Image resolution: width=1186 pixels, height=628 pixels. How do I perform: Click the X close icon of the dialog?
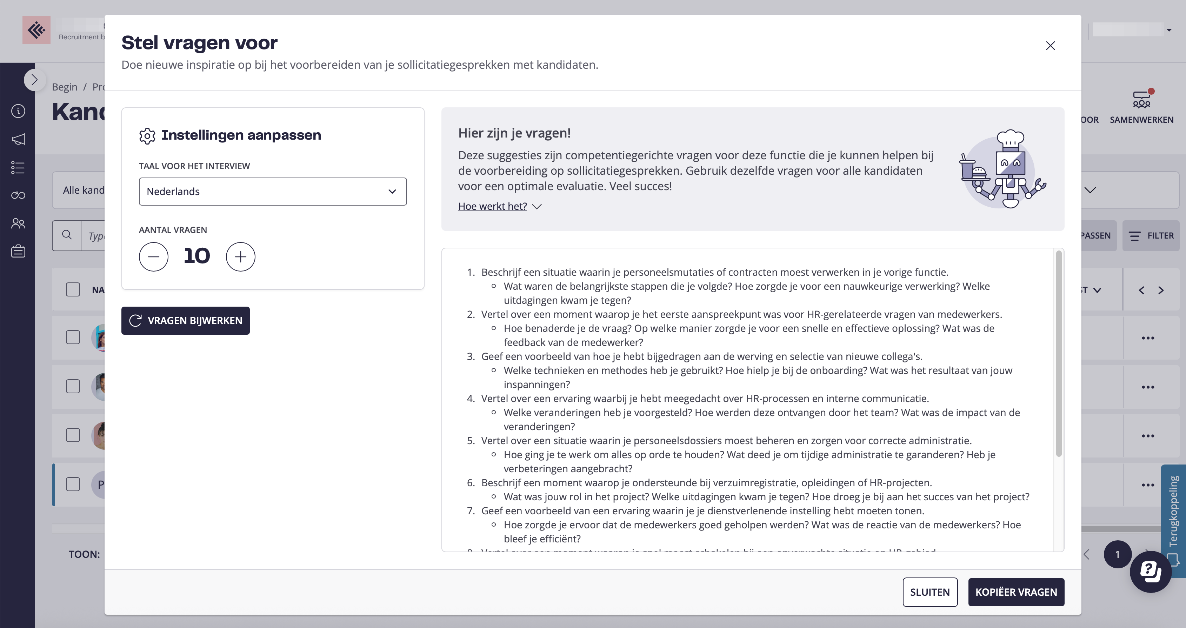point(1050,46)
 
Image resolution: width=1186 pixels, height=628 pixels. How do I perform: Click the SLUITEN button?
point(930,592)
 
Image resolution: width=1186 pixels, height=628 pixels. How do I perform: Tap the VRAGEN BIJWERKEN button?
point(186,320)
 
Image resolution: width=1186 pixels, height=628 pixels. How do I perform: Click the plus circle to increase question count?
point(240,257)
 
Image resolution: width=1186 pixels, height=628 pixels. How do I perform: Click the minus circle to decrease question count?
point(154,257)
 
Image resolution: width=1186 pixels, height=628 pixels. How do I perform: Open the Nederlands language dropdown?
point(273,192)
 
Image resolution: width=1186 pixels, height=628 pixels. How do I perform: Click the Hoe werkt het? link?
point(492,206)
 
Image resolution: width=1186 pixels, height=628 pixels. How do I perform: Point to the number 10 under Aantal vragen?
point(196,256)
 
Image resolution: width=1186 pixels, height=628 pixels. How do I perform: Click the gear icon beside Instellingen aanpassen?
point(147,136)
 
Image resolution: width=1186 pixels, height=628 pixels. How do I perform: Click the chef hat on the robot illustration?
point(1010,138)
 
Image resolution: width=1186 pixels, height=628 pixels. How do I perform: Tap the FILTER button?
point(1151,236)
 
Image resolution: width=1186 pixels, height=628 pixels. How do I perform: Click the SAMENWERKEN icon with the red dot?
point(1141,99)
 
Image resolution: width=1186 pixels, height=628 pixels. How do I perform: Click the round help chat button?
point(1150,572)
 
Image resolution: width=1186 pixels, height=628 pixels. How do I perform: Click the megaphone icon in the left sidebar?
point(18,139)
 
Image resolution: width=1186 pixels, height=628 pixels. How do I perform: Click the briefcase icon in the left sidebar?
point(18,252)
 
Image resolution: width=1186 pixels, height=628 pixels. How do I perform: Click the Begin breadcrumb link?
point(65,87)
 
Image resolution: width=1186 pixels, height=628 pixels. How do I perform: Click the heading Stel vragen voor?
point(199,43)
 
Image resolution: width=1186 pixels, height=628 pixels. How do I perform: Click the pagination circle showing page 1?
point(1117,554)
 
